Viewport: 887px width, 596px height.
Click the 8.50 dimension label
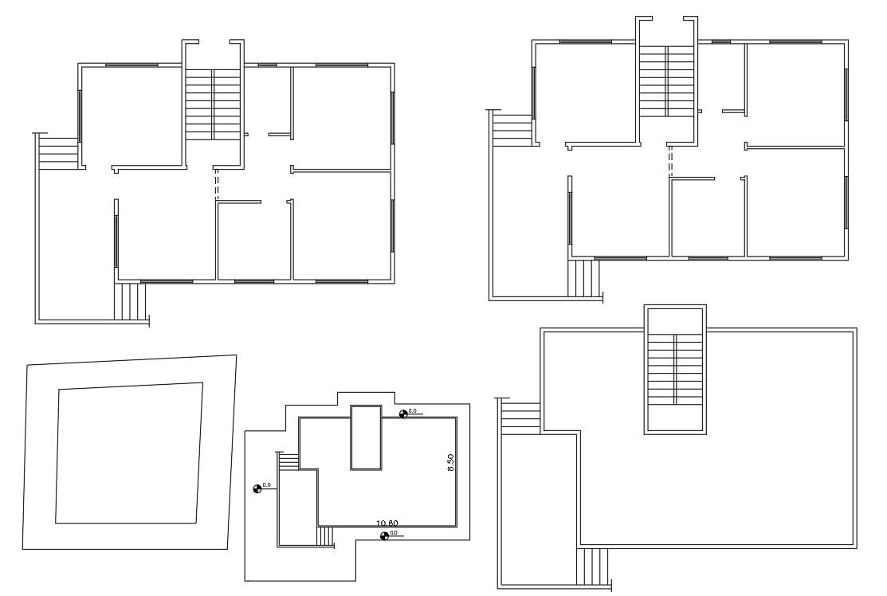[x=451, y=463]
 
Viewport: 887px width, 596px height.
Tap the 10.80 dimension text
[x=387, y=523]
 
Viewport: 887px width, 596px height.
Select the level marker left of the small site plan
[x=257, y=488]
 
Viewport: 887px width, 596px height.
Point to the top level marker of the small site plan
[x=404, y=413]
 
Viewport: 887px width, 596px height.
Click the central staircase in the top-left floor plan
[x=214, y=104]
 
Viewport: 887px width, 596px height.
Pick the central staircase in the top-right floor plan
[x=668, y=80]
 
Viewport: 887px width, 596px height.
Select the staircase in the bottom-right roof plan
[x=676, y=369]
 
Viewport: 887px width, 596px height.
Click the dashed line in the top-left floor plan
[x=216, y=185]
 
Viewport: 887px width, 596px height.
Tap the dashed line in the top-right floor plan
[x=670, y=163]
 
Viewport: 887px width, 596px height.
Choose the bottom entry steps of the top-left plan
[x=131, y=301]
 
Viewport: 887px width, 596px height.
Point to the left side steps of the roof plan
[x=521, y=417]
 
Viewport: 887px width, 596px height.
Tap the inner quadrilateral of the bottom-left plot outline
[x=128, y=453]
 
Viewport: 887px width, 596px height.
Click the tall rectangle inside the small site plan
[x=366, y=437]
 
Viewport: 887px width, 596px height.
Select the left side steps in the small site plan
[x=289, y=461]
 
